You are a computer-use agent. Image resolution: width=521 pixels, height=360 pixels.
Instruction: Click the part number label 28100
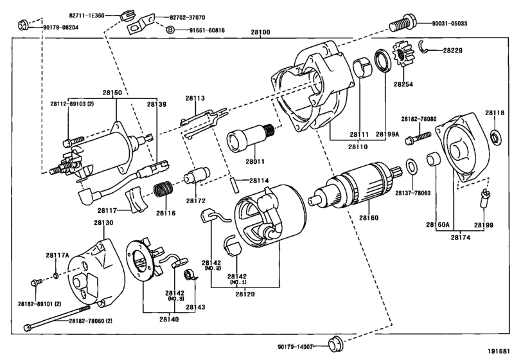[x=260, y=30]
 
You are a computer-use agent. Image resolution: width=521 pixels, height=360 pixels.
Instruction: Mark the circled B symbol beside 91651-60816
[x=170, y=30]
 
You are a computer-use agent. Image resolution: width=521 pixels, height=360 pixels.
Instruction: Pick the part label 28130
[x=103, y=222]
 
